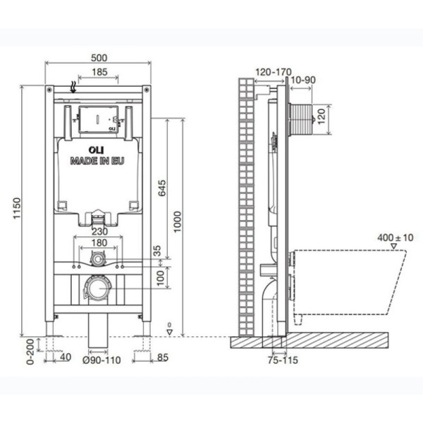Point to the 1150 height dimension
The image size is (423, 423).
click(17, 211)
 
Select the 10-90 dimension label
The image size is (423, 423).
click(302, 80)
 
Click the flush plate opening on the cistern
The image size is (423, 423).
click(97, 120)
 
